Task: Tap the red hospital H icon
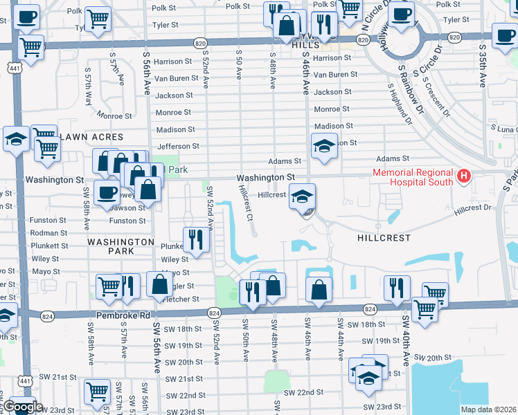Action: tap(464, 177)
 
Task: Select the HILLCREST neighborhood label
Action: tap(383, 237)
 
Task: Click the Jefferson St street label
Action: tap(178, 147)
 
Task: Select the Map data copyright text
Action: tap(488, 409)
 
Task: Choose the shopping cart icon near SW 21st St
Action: tap(97, 391)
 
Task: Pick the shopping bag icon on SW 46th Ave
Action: tap(319, 289)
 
